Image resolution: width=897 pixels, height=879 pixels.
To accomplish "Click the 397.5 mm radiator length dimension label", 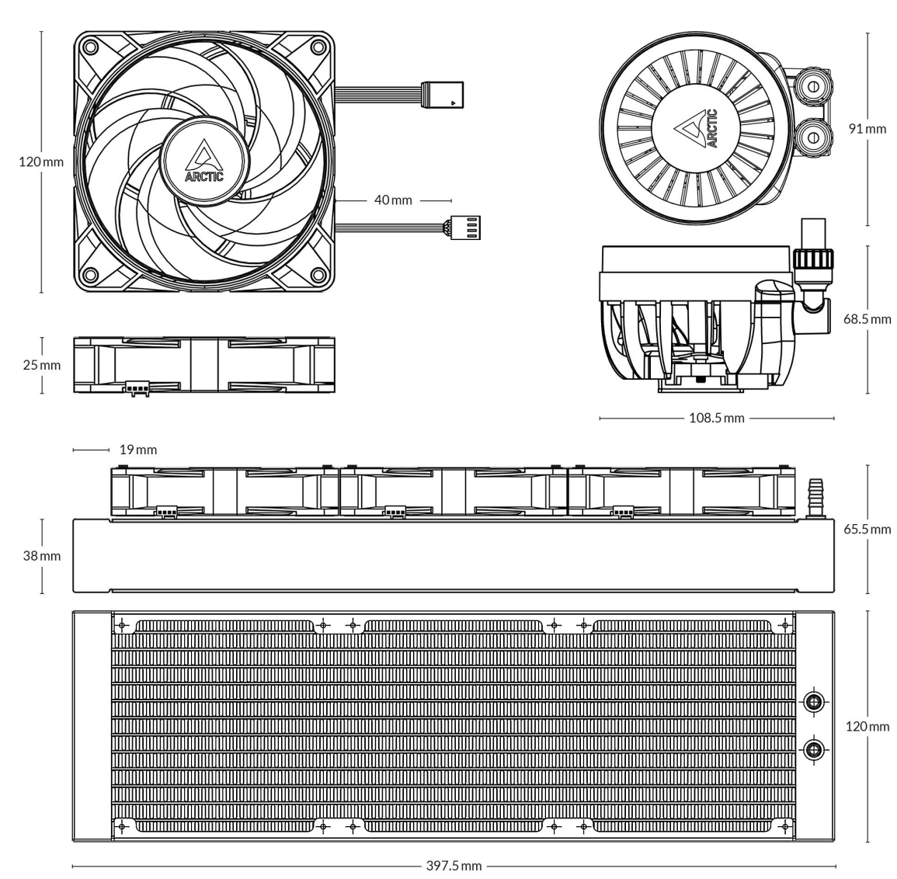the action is pyautogui.click(x=454, y=866).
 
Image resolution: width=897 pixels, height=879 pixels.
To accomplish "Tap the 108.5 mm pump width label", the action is pyautogui.click(x=716, y=418).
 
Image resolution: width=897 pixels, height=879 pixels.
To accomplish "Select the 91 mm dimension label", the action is pyautogui.click(x=867, y=129).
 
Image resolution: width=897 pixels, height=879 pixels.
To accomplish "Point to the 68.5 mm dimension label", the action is pyautogui.click(x=867, y=319).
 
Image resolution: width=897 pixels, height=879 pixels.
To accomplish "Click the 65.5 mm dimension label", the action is pyautogui.click(x=867, y=529).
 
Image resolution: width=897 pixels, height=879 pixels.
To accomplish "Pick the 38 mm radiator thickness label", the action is pyautogui.click(x=42, y=555).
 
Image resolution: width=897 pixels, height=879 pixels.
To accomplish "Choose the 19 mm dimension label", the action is pyautogui.click(x=138, y=450).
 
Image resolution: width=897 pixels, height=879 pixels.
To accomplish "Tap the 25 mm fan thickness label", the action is pyautogui.click(x=42, y=365).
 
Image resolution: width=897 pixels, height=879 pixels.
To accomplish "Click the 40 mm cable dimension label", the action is pyautogui.click(x=393, y=200).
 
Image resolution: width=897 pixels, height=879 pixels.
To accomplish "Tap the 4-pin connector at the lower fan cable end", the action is pyautogui.click(x=466, y=228).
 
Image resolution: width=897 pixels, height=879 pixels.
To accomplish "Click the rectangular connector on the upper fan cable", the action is pyautogui.click(x=442, y=95).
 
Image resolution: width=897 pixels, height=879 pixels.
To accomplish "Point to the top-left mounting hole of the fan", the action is pyautogui.click(x=89, y=46).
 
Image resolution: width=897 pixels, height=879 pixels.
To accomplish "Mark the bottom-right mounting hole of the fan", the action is pyautogui.click(x=318, y=276).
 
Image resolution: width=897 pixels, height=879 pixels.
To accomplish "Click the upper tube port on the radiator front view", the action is pyautogui.click(x=813, y=701).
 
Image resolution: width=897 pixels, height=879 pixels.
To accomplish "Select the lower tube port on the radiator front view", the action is pyautogui.click(x=813, y=749).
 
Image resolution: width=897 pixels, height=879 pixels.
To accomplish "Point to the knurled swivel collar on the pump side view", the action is pyautogui.click(x=813, y=259).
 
